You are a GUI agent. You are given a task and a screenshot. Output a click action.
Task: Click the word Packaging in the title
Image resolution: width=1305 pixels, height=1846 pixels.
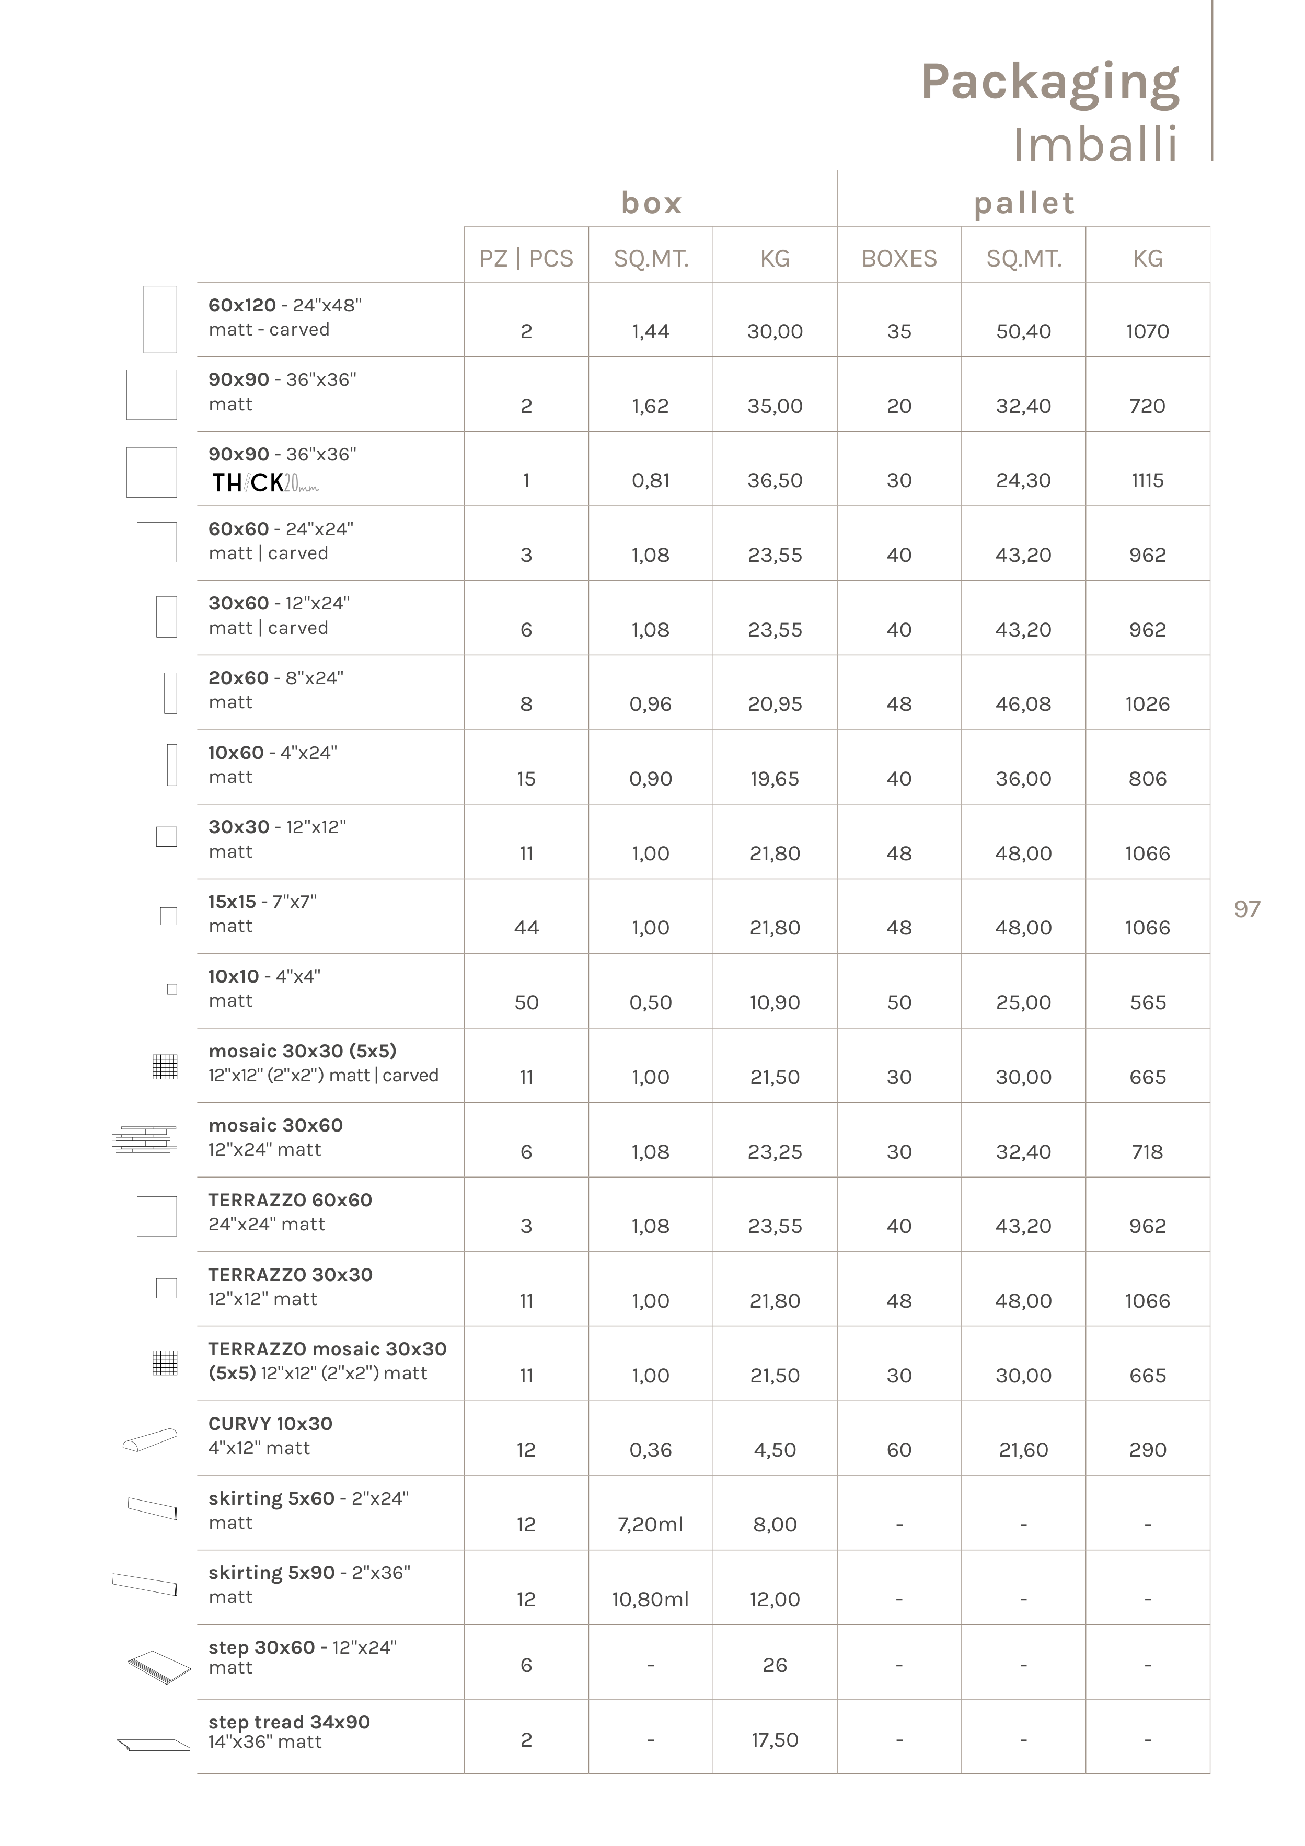click(x=1049, y=82)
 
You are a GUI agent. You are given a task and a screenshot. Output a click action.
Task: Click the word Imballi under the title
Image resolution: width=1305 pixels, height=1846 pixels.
click(x=1095, y=145)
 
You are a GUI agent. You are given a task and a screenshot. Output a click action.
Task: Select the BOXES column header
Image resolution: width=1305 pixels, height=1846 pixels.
click(x=899, y=258)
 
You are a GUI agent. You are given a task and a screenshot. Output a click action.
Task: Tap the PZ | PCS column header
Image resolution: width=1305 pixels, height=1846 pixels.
click(x=526, y=258)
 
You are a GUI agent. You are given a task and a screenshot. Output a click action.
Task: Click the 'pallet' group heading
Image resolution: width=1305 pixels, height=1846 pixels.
click(x=1024, y=203)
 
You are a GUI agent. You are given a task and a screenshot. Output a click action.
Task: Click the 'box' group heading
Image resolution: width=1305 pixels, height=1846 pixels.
click(x=651, y=203)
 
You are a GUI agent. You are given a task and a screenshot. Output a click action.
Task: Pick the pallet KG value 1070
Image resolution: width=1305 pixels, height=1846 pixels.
click(x=1147, y=331)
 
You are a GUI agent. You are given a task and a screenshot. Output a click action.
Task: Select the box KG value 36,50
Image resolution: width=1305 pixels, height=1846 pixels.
click(x=775, y=481)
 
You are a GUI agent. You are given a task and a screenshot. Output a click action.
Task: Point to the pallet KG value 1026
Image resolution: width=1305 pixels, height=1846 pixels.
click(x=1147, y=705)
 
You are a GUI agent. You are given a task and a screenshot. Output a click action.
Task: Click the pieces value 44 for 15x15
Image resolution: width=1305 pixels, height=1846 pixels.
click(x=526, y=928)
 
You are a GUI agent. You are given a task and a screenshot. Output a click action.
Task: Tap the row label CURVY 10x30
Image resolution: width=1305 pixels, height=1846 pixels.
click(x=270, y=1424)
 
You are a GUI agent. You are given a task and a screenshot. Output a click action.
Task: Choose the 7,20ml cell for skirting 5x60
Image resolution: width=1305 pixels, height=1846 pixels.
click(x=651, y=1525)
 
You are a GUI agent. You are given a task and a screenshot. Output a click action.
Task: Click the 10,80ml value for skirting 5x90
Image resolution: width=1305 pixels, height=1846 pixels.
click(x=651, y=1599)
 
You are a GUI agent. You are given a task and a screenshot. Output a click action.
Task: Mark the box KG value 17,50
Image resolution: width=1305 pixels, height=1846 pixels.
click(x=775, y=1740)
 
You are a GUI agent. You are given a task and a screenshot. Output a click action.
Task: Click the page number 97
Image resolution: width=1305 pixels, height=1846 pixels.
click(x=1246, y=909)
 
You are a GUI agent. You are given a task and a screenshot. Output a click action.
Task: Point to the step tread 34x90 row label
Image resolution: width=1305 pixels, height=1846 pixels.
click(x=288, y=1722)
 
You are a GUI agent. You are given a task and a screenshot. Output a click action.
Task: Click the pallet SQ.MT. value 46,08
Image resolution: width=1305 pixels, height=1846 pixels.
click(x=1023, y=705)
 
